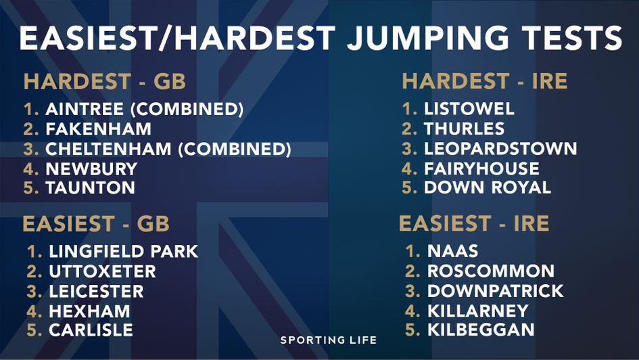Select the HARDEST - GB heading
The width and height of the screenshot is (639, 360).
[x=105, y=82]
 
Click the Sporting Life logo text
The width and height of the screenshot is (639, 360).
[x=329, y=340]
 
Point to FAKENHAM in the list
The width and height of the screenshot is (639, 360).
[x=99, y=129]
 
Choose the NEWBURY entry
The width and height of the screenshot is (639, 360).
[x=91, y=168]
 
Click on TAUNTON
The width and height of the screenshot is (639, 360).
[x=90, y=188]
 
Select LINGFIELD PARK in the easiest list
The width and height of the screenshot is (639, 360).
[x=123, y=252]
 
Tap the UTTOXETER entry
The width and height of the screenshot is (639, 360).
[x=102, y=272]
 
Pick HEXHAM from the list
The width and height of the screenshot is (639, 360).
[x=89, y=311]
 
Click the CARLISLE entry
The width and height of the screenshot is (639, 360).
[x=91, y=330]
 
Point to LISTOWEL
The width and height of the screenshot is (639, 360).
[x=469, y=109]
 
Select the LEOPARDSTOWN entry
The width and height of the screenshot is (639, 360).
[x=500, y=149]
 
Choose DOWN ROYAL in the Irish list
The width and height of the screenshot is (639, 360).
[x=487, y=188]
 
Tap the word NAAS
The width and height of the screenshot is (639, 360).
[x=452, y=252]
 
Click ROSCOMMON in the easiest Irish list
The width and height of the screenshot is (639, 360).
[x=490, y=272]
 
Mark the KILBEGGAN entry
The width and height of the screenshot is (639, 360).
[x=481, y=330]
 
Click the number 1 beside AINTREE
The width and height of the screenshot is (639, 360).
[x=31, y=109]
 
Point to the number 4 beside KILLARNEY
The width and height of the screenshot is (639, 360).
[x=412, y=311]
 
